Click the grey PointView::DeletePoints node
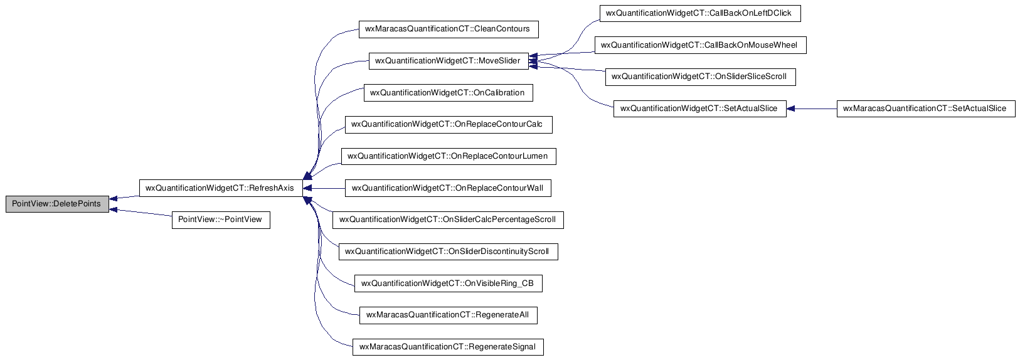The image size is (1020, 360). tap(57, 204)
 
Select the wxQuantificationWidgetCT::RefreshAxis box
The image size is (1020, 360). tap(221, 188)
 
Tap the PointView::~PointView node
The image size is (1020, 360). tap(221, 220)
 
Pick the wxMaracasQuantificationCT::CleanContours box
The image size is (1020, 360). tap(449, 29)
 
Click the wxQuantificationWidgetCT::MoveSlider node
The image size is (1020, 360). tap(449, 61)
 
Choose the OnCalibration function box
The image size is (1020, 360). tap(448, 93)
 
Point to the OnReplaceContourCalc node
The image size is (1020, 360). tap(449, 125)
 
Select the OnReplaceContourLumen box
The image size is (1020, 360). tap(449, 156)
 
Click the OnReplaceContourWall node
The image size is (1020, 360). tap(448, 188)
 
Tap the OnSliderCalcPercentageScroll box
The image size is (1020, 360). tap(448, 220)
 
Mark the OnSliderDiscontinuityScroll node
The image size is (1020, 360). tap(448, 251)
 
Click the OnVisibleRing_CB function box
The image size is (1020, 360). tap(448, 283)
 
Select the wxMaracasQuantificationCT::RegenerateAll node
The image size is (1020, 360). tap(448, 315)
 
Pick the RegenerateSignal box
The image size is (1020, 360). tap(448, 347)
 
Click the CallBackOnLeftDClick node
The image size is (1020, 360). tap(700, 13)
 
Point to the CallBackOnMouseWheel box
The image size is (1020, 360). tap(700, 45)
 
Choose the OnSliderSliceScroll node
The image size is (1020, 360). tap(700, 77)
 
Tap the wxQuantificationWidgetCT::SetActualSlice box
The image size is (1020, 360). tap(700, 109)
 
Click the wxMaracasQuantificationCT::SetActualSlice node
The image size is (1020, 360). tap(926, 109)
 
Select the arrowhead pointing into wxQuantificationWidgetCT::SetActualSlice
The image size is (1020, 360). tap(791, 109)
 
